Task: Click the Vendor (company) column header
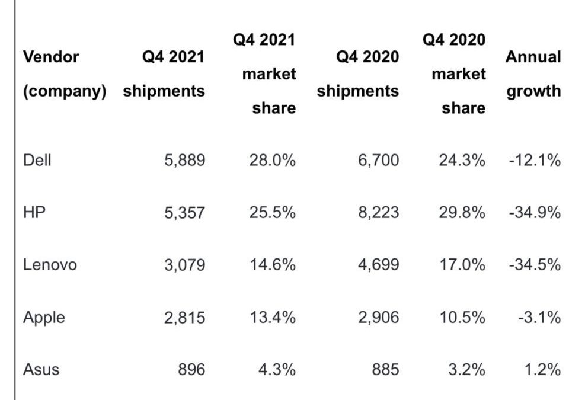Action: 65,74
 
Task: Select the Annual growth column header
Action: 532,74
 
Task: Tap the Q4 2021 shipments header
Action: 164,74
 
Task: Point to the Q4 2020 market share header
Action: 454,74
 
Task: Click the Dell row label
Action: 37,160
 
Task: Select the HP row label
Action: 34,212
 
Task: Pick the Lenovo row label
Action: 50,264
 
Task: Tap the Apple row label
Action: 44,317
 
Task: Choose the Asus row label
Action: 41,369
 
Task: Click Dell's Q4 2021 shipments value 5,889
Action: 184,160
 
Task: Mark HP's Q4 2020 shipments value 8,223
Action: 378,212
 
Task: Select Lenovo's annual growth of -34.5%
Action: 534,264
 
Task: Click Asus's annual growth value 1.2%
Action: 542,369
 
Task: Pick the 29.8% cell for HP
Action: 462,212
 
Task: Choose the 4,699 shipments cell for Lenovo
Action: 378,264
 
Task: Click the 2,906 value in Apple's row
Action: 378,317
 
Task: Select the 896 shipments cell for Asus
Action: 191,369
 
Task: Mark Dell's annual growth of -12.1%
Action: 534,160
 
